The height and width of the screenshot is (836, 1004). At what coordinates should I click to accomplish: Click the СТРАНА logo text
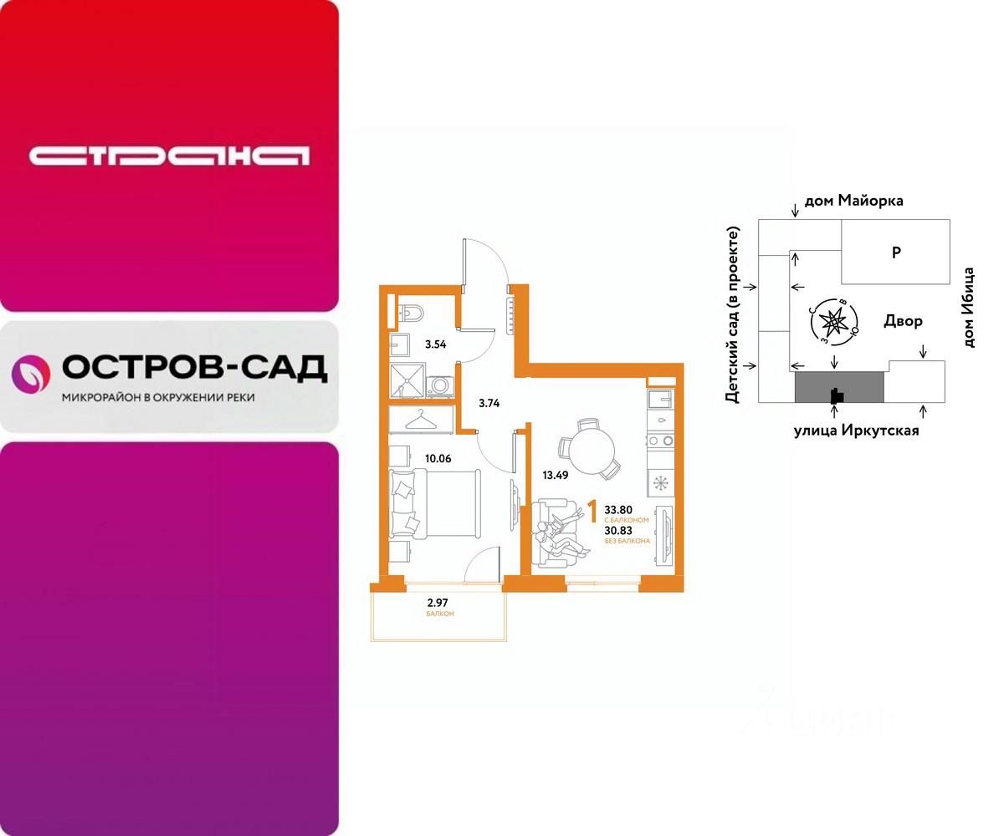(169, 155)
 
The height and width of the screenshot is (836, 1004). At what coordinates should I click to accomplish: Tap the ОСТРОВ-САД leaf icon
(30, 374)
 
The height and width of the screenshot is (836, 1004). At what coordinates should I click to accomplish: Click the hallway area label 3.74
(489, 402)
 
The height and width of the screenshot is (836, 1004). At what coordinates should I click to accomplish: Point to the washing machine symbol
(440, 385)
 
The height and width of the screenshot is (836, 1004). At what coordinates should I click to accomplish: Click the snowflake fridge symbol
(661, 483)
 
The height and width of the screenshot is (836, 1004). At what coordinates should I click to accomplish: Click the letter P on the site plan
(895, 252)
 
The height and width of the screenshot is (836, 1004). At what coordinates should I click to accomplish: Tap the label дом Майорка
(853, 201)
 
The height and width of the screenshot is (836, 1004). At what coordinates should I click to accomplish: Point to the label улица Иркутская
(855, 431)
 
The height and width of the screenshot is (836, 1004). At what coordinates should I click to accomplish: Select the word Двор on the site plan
(903, 321)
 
